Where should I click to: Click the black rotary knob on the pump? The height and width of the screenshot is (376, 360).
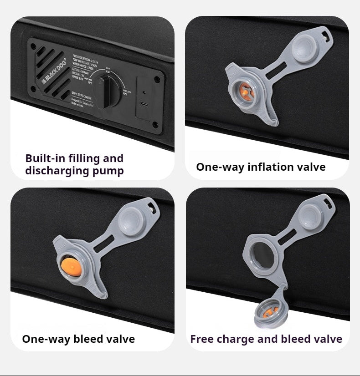tap(105, 91)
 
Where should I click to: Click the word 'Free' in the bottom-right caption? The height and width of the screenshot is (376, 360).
tap(201, 339)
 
